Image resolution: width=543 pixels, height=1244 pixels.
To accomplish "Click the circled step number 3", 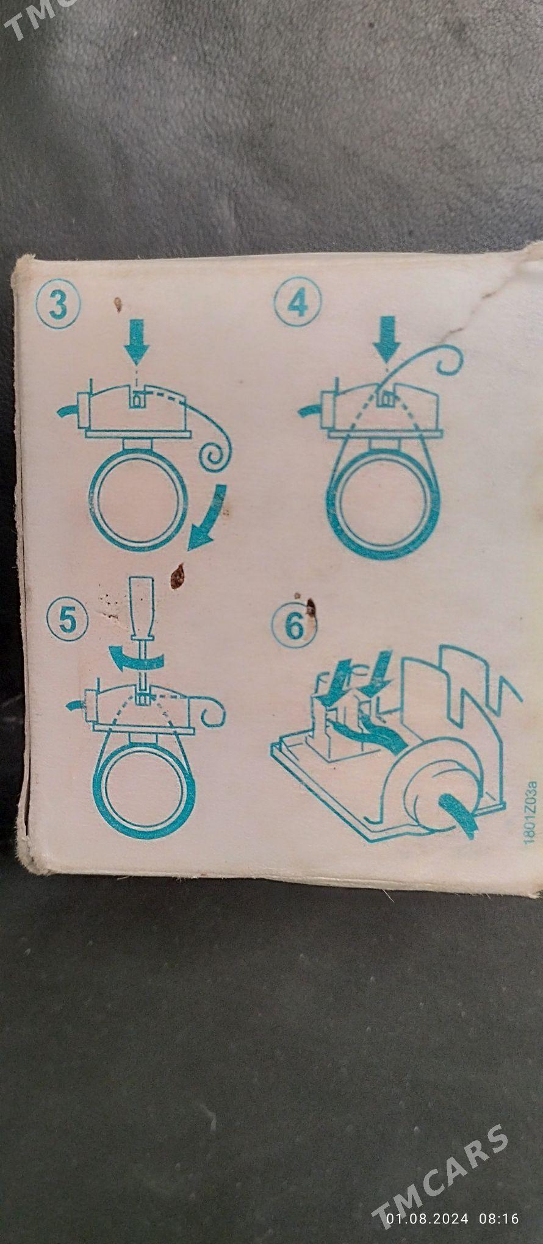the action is [x=58, y=304].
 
